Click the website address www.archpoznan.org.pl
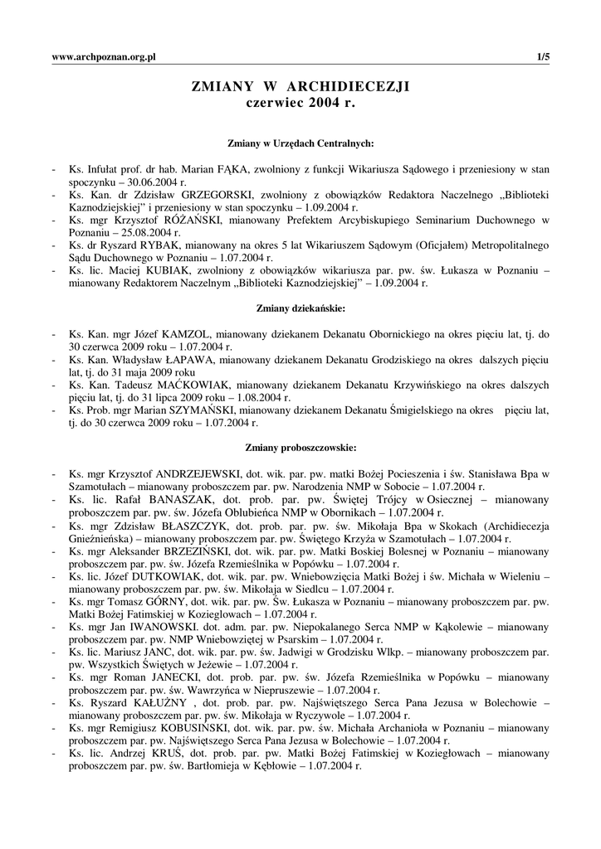tap(105, 56)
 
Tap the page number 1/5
tap(544, 56)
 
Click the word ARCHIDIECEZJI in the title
tap(350, 85)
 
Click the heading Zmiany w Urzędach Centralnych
tap(300, 143)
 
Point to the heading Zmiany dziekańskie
tap(300, 308)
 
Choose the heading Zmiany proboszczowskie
tap(300, 448)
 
